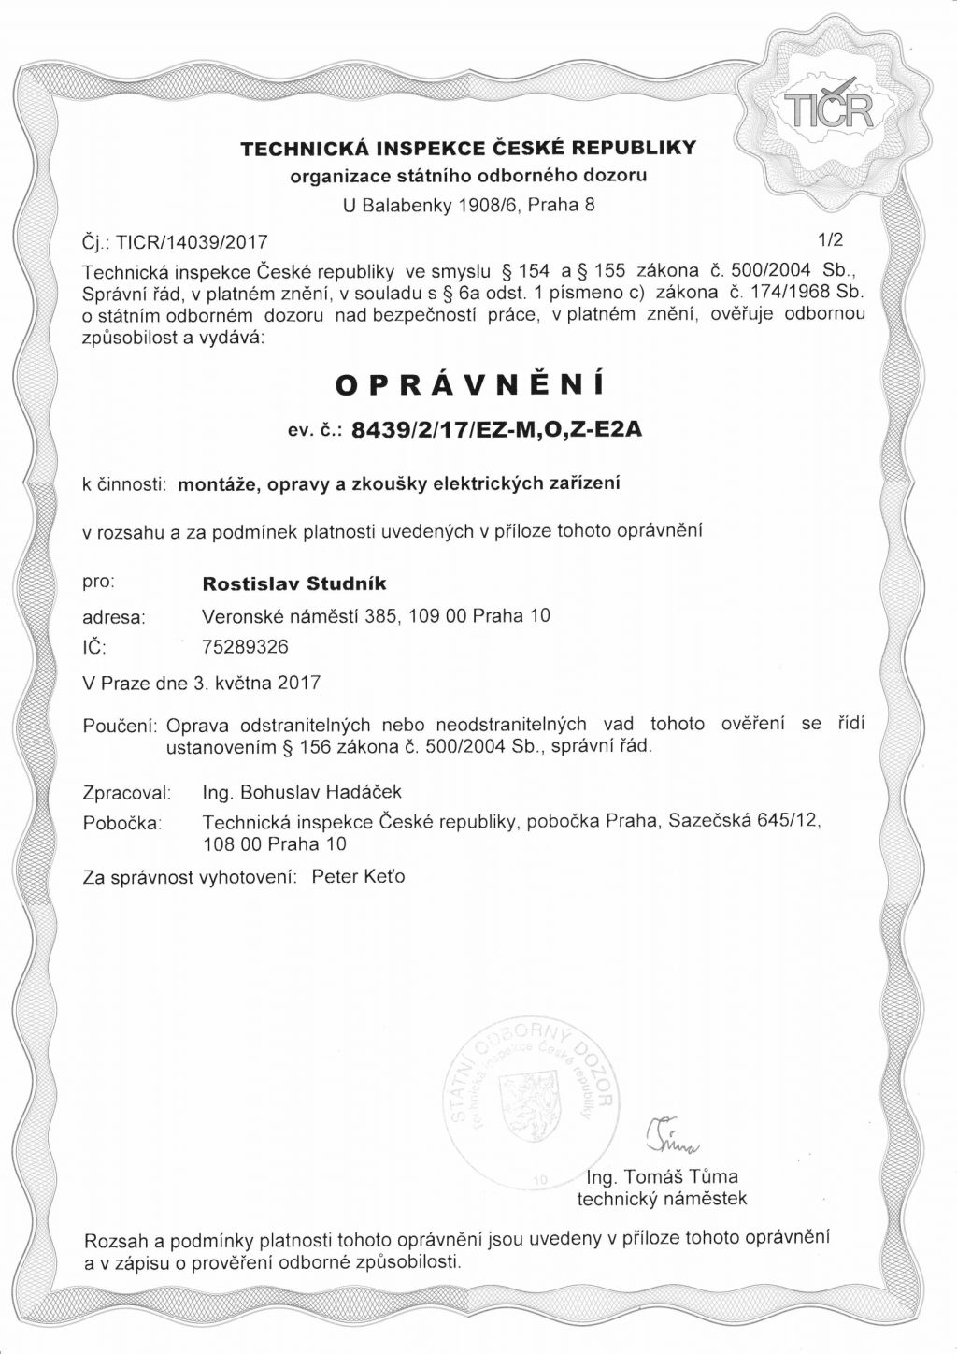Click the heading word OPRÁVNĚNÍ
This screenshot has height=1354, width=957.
(x=468, y=384)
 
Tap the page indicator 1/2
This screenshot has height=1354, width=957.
(x=830, y=239)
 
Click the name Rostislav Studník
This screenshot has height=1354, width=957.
(x=294, y=583)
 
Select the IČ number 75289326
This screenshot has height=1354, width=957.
(x=246, y=646)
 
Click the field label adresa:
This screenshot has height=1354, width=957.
(x=114, y=617)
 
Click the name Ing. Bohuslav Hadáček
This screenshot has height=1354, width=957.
(x=302, y=792)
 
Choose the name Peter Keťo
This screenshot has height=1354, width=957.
(x=358, y=877)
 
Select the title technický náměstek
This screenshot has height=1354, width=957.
(x=662, y=1199)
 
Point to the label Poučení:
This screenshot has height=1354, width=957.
(x=121, y=726)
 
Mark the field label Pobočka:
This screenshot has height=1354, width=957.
(x=122, y=824)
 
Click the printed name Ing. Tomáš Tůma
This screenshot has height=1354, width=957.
(x=662, y=1177)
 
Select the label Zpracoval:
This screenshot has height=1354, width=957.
(x=126, y=793)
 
